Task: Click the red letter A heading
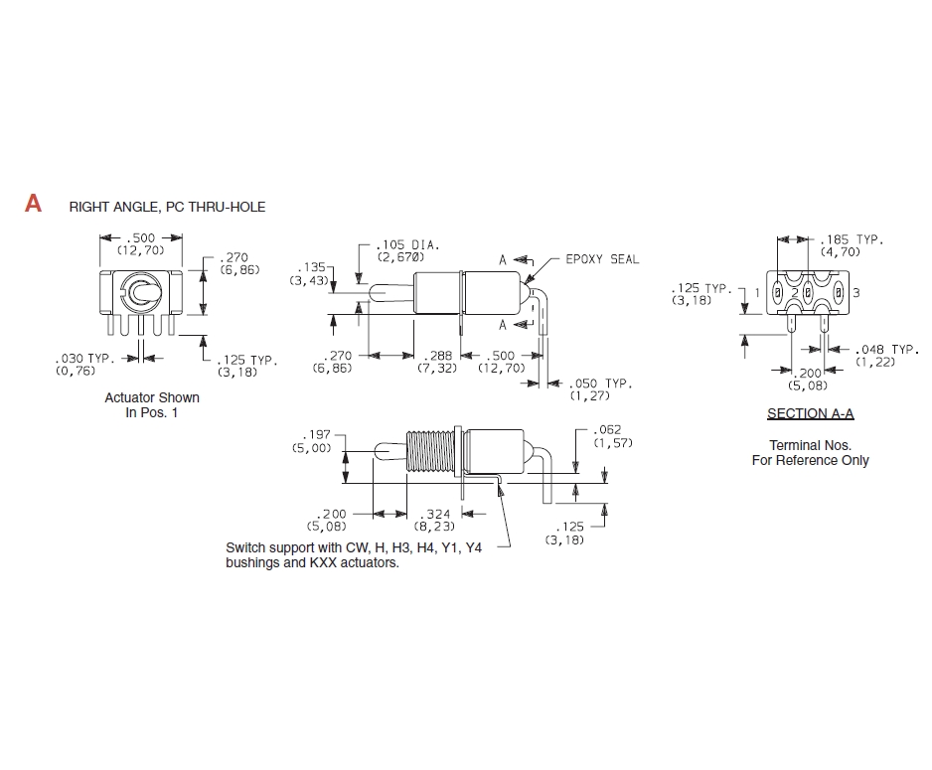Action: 34,204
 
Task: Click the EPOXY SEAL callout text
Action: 602,259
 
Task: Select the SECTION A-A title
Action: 810,413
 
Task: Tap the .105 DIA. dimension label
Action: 407,244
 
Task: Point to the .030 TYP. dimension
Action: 83,359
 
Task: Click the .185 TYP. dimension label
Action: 852,239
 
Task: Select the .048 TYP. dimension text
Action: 887,350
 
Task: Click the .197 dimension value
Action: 316,435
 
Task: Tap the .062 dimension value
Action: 607,429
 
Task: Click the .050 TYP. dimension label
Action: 601,384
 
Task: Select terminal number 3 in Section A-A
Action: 855,292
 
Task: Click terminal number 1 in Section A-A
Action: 757,292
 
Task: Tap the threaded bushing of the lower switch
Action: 430,451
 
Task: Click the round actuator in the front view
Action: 140,292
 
